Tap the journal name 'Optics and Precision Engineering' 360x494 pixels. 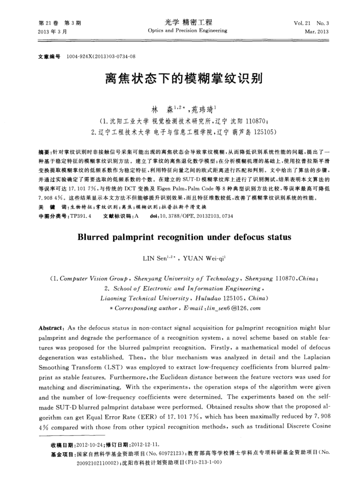187,31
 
